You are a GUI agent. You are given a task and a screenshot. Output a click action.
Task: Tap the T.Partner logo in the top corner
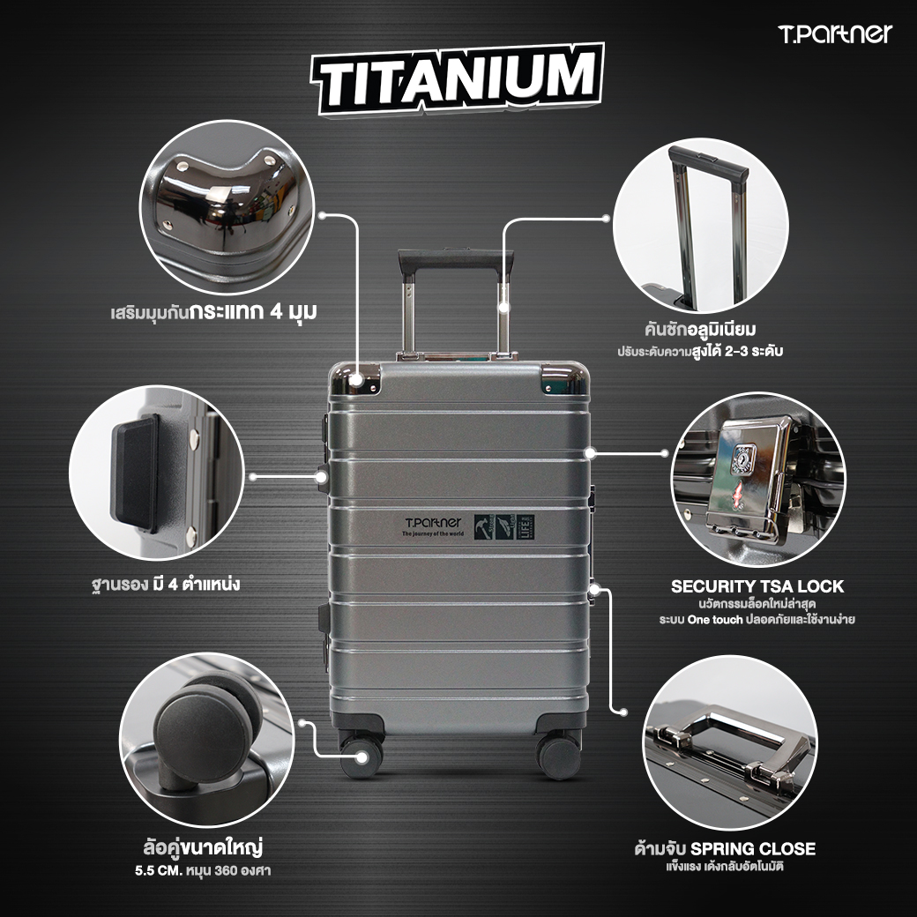[835, 34]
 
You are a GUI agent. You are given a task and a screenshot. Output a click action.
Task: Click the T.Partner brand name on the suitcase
[431, 522]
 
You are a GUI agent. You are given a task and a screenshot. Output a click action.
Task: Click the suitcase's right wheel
[559, 756]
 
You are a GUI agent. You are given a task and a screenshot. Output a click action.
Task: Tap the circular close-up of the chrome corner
[232, 206]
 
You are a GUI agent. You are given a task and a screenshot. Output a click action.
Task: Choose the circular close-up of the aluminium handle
[700, 225]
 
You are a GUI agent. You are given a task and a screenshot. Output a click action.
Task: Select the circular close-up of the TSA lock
[757, 481]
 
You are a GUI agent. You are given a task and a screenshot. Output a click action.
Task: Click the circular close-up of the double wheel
[206, 740]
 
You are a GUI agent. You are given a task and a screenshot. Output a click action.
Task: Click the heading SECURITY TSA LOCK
[757, 586]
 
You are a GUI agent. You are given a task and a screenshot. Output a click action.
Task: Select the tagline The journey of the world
[431, 534]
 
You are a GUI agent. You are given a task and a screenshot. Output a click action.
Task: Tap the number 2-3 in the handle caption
[744, 351]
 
